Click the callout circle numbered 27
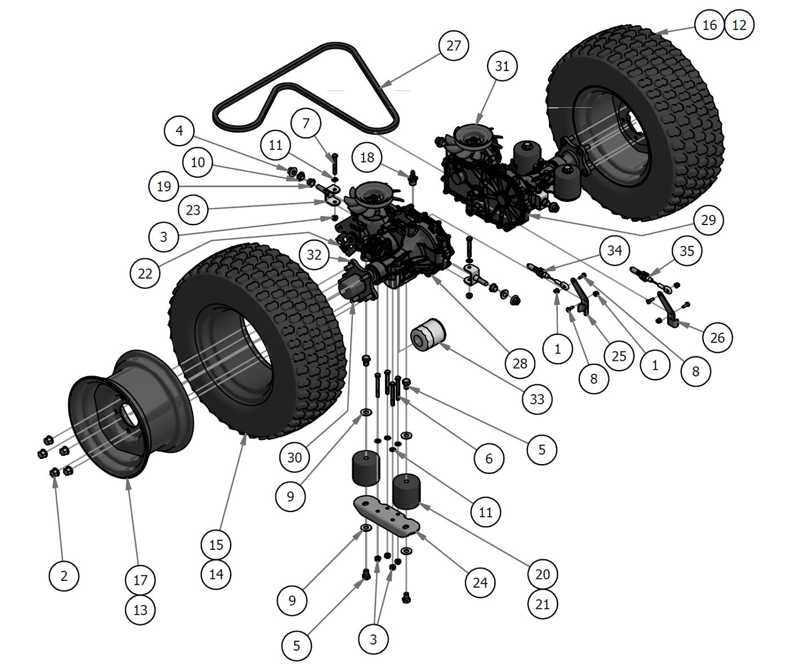tap(454, 46)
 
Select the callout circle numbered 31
tap(502, 67)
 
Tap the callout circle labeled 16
tap(710, 25)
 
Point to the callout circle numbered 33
tap(537, 399)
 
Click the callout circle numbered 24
tap(480, 582)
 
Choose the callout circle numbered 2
tap(64, 576)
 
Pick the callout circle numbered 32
tap(314, 255)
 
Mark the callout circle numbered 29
tap(708, 220)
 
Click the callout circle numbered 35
tap(686, 251)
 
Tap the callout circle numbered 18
tap(367, 157)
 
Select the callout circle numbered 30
tap(294, 457)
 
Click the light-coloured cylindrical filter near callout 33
tap(427, 335)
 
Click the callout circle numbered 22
tap(145, 274)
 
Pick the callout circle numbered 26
tap(717, 338)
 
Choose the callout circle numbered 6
tap(489, 459)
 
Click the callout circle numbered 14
tap(216, 574)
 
